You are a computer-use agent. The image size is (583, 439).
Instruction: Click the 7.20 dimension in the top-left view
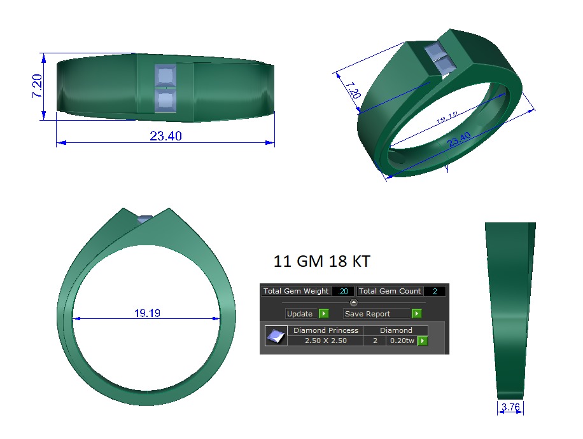click(37, 85)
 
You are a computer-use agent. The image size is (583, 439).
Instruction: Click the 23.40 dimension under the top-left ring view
click(166, 136)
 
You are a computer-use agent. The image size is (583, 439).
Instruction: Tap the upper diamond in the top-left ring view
click(166, 77)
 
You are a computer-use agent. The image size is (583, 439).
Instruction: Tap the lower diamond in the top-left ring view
click(166, 100)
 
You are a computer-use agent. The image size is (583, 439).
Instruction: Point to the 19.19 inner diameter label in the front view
click(147, 313)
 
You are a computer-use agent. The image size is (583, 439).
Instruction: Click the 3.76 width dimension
click(510, 407)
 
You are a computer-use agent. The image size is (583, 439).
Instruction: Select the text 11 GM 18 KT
click(321, 261)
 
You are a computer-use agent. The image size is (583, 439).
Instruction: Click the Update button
click(300, 314)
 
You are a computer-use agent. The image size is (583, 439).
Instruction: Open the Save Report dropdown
click(416, 314)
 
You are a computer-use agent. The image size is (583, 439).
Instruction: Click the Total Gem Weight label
click(296, 291)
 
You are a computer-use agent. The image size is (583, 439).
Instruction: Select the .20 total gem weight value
click(343, 291)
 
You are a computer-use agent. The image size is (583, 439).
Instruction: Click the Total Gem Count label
click(390, 291)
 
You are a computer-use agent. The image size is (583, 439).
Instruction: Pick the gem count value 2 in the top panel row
click(435, 291)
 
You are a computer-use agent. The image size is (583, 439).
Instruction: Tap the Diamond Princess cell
click(325, 330)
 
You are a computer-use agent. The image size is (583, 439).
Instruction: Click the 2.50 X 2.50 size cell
click(325, 341)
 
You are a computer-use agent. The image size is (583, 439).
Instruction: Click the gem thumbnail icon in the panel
click(276, 336)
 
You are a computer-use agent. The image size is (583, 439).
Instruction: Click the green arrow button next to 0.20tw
click(422, 341)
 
